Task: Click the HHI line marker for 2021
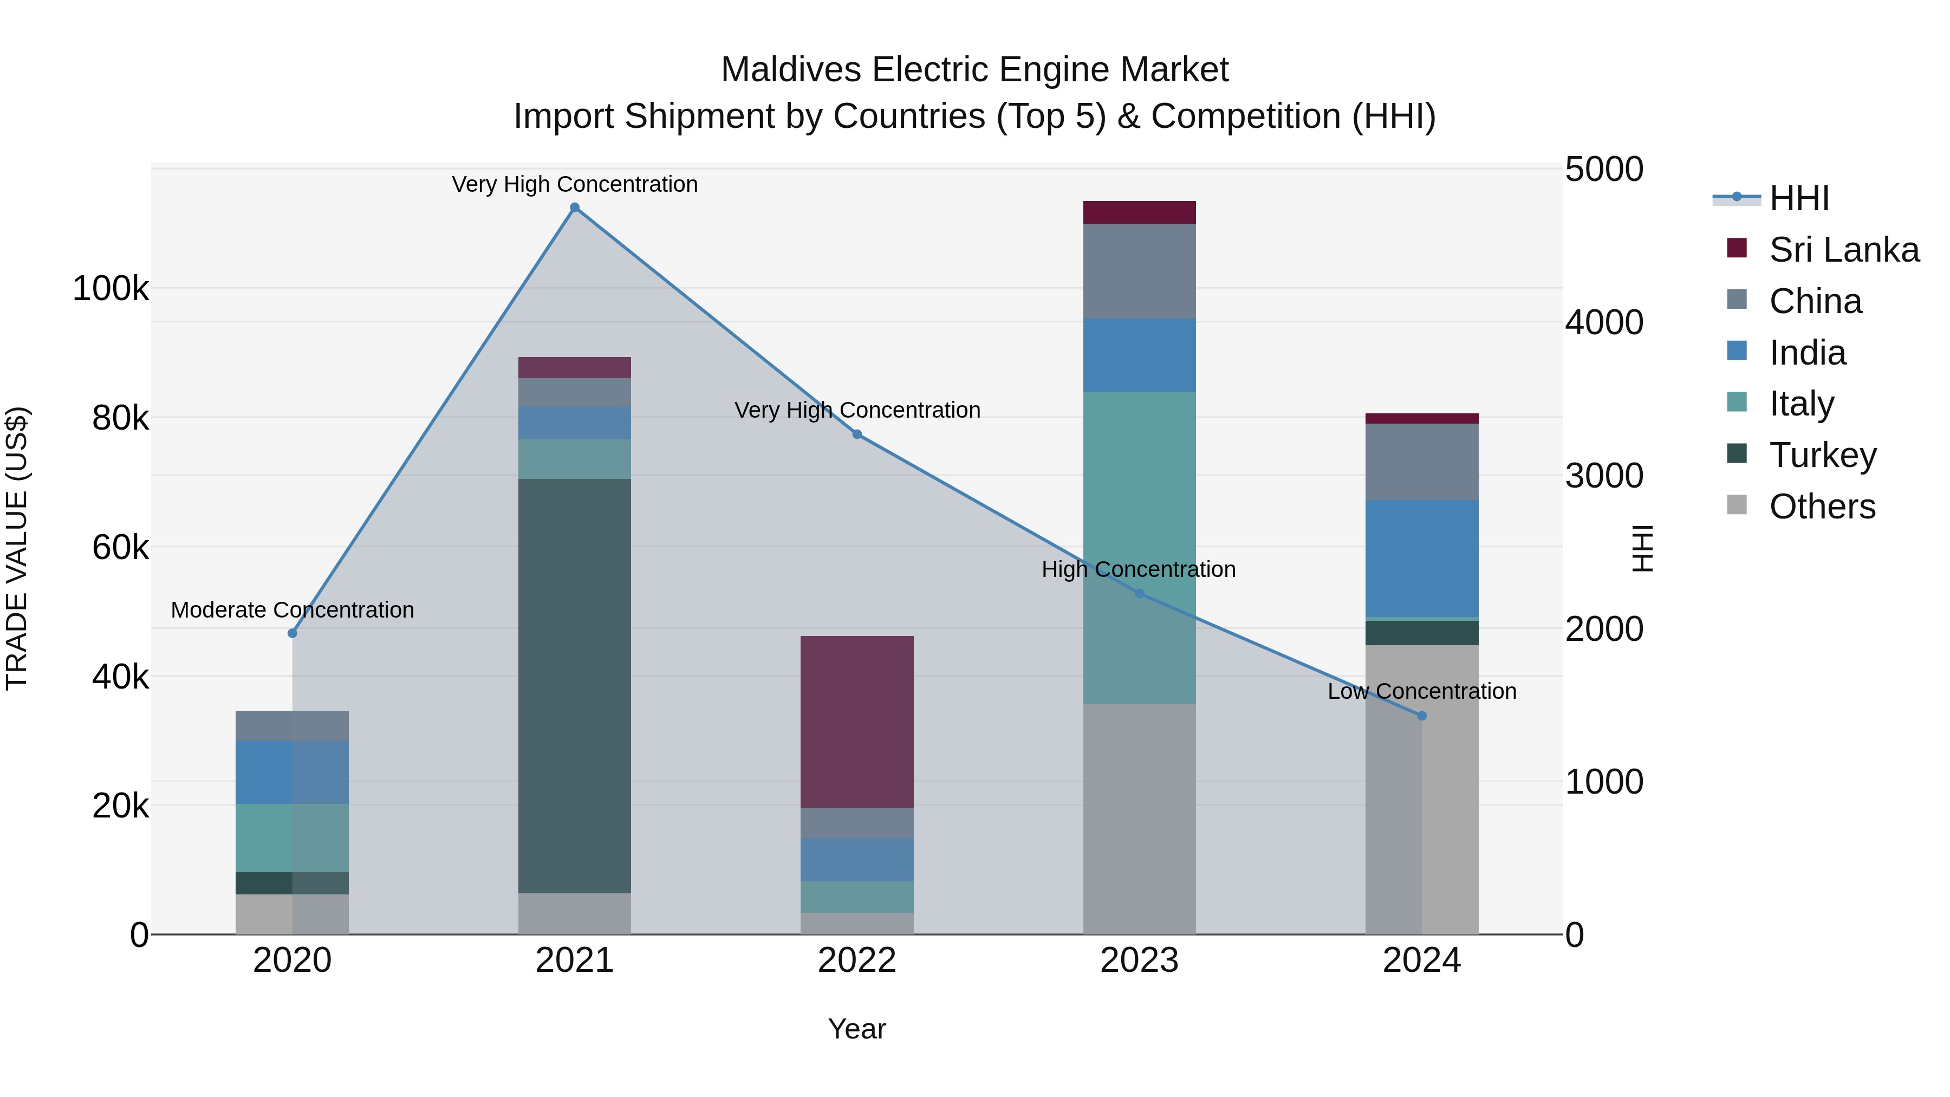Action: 575,207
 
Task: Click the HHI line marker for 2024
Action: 1422,716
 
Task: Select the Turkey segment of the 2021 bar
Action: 575,685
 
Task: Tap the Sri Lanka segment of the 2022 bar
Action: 857,722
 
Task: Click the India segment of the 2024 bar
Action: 1422,558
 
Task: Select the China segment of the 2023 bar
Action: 1139,271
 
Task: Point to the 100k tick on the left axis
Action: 110,288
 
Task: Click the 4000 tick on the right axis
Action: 1603,322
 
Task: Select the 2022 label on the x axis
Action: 857,960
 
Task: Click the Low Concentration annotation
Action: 1422,691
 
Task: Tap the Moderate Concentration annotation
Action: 292,609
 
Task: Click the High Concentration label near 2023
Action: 1139,569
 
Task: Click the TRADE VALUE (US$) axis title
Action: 17,548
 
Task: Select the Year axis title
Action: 857,1029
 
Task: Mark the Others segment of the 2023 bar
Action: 1139,819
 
